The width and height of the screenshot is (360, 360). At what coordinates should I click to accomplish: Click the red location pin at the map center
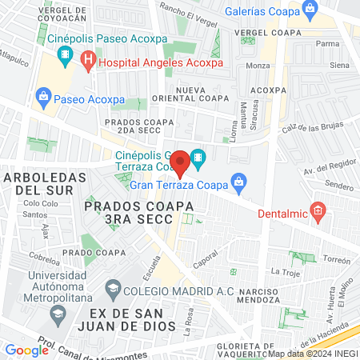[180, 162]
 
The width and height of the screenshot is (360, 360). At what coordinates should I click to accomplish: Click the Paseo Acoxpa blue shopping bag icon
[45, 99]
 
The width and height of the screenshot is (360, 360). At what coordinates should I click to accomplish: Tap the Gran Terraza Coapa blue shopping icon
[238, 182]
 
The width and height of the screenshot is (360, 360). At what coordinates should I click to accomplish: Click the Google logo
[26, 350]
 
